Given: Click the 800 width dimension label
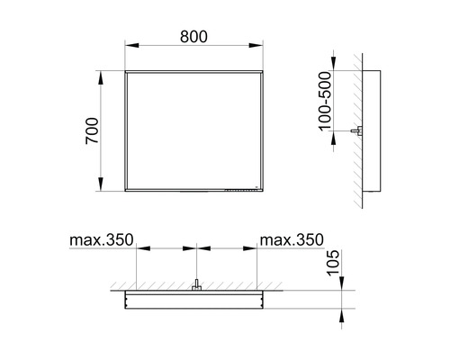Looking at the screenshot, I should click(193, 36).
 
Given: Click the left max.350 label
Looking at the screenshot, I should click(100, 240).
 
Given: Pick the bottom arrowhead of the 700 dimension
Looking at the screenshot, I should click(101, 191).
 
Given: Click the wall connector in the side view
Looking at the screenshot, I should click(358, 132).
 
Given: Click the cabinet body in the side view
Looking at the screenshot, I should click(375, 132).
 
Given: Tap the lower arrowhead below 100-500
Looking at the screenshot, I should click(343, 128).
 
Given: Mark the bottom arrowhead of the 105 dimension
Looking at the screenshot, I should click(342, 311).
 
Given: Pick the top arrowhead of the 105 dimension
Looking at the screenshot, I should click(342, 284).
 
